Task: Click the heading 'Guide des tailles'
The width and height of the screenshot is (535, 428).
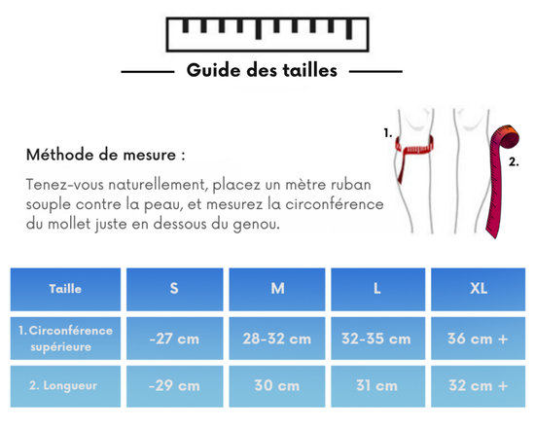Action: tap(262, 70)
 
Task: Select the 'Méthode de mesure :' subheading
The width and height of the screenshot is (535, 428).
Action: tap(105, 155)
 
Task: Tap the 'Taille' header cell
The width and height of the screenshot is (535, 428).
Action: tap(65, 289)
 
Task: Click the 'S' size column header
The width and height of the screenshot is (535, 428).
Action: tap(174, 289)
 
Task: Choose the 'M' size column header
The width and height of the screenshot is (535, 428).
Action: tap(276, 289)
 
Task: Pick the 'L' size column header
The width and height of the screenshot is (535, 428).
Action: tap(376, 289)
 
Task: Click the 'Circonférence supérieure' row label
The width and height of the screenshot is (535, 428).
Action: tap(65, 338)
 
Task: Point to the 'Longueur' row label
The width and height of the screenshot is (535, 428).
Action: tap(65, 385)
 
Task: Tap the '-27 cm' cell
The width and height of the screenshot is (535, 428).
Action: tap(174, 339)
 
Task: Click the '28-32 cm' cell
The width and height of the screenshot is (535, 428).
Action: tap(276, 339)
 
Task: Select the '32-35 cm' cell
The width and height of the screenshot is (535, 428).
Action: tap(376, 339)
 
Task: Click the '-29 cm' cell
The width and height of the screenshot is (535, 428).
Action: tap(174, 385)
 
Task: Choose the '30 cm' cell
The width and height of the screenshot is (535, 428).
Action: tap(276, 385)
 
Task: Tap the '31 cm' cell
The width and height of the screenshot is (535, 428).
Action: tap(376, 385)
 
